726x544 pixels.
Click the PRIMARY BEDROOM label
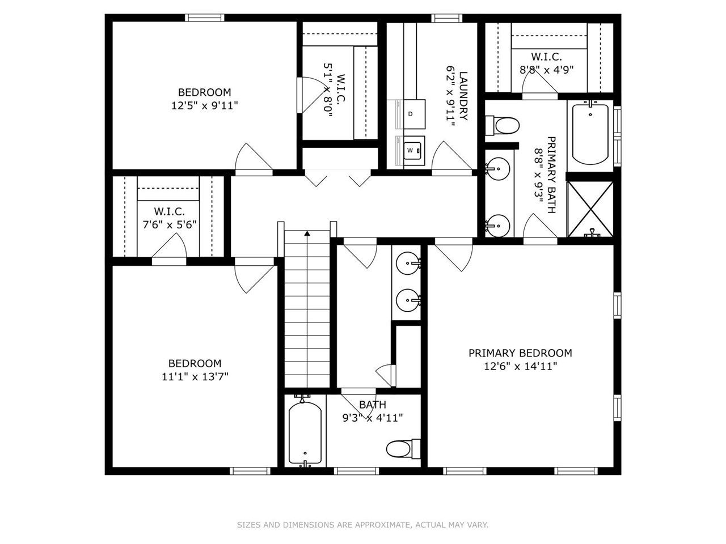pos(520,353)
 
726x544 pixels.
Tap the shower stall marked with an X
pos(590,209)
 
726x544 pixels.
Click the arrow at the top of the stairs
pos(307,232)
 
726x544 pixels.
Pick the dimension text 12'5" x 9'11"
pos(204,105)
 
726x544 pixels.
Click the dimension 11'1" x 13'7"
pos(195,376)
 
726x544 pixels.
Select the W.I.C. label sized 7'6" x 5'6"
pos(169,211)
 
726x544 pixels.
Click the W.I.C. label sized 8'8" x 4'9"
pos(546,57)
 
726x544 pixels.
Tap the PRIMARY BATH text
pos(551,175)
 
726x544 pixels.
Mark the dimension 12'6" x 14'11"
pos(520,366)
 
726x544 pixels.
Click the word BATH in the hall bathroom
pos(373,405)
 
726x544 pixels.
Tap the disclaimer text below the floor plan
pos(362,525)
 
